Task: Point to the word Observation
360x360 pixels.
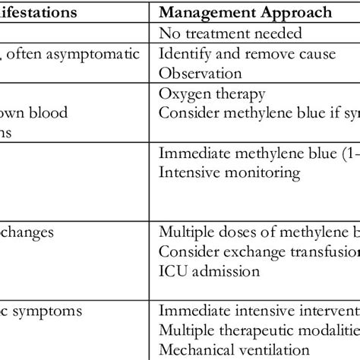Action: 201,74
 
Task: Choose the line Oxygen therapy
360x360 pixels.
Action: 212,94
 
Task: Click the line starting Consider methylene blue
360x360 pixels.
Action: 258,114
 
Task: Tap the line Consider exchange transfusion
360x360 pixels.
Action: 258,250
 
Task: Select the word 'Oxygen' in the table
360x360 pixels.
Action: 182,94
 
